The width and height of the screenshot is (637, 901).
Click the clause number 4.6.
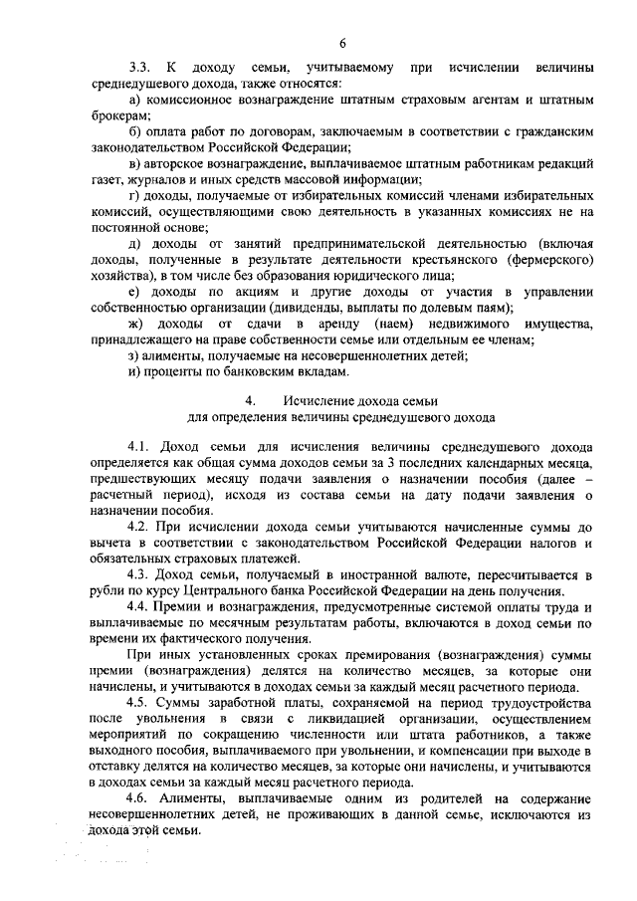click(x=139, y=799)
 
